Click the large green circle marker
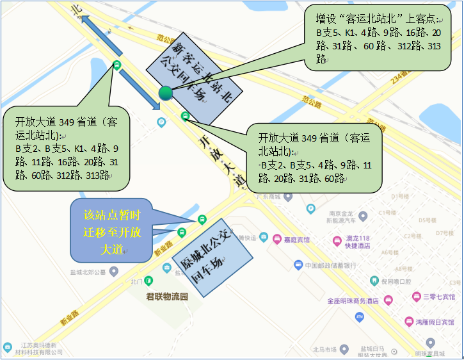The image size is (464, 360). pos(166,93)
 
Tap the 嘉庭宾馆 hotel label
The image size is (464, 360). pos(296,240)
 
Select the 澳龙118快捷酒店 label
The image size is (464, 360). pos(356,242)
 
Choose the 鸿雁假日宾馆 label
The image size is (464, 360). pos(436,322)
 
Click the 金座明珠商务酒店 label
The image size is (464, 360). pos(353,300)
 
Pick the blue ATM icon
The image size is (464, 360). pos(360,316)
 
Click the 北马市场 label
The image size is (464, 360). pos(324,349)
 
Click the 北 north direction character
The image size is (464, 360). pos(77,8)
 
